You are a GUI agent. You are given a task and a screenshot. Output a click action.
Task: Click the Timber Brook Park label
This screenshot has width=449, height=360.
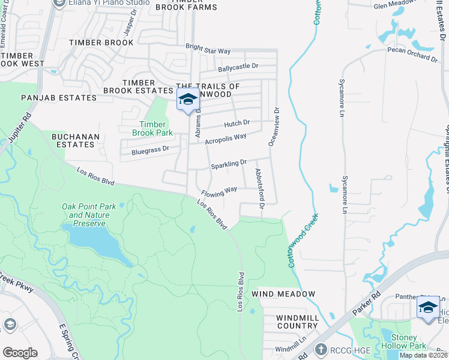152,128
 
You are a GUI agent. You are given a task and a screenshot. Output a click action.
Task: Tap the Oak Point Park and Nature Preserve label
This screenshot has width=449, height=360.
86,215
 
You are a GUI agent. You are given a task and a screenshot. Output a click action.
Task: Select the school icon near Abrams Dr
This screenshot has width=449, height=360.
188,100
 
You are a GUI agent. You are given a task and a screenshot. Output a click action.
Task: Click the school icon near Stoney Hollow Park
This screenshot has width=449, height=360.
428,308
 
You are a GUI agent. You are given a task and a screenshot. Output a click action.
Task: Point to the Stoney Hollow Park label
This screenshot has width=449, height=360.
403,341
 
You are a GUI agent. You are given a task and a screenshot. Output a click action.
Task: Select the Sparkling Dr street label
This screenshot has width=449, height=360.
228,163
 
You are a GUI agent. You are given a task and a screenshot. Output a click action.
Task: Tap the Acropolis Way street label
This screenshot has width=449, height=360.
226,138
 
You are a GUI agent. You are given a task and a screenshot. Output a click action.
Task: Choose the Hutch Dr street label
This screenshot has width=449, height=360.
237,124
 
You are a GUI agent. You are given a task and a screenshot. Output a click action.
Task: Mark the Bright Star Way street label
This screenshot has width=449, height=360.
208,49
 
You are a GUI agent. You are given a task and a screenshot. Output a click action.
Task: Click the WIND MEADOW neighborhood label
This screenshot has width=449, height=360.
283,294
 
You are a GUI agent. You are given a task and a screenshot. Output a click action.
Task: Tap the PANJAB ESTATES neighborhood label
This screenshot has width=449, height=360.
58,97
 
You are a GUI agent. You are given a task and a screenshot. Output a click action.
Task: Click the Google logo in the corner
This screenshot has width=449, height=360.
20,352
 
